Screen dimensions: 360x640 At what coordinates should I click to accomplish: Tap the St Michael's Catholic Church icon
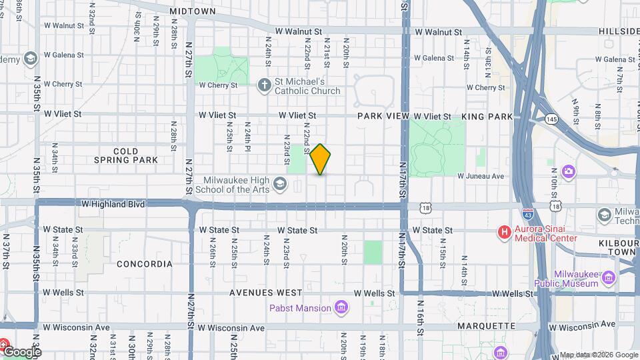pos(265,84)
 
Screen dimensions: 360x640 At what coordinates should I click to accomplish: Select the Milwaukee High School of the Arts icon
pos(279,183)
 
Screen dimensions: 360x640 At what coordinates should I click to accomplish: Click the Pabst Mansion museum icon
pos(341,307)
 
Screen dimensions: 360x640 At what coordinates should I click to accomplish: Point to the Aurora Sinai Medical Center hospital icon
pos(505,232)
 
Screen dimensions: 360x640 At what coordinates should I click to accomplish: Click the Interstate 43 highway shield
pos(528,215)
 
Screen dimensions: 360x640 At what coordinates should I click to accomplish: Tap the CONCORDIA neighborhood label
pos(145,264)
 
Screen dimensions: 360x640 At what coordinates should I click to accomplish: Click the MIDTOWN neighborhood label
pos(193,11)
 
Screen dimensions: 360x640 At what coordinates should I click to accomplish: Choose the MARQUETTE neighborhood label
pos(486,326)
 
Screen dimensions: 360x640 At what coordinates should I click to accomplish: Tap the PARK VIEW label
pos(383,116)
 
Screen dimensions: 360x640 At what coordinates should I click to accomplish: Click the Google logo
pos(21,351)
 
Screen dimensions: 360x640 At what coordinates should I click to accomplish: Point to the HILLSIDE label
pos(619,31)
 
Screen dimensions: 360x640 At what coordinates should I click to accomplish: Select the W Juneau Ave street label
pos(481,176)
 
